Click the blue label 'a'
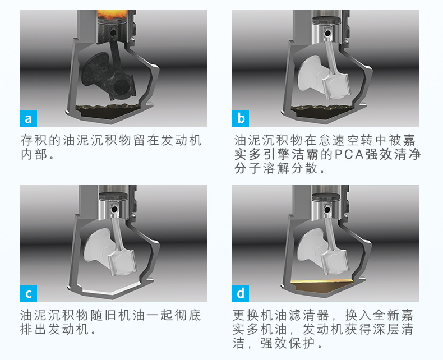coord(29,118)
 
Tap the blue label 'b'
coord(241,118)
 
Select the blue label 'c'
coord(29,293)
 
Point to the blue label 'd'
coord(241,293)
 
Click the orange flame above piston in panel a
coord(112,15)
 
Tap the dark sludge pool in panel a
coord(109,111)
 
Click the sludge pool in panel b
coord(322,111)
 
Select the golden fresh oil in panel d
coord(322,286)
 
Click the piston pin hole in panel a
coord(113,33)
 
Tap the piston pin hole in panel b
coord(327,33)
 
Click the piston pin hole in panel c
coord(114,209)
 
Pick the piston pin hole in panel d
coord(327,210)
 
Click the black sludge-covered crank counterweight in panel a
coord(95,71)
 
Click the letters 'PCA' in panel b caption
coord(349,154)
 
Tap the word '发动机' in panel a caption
coord(181,140)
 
